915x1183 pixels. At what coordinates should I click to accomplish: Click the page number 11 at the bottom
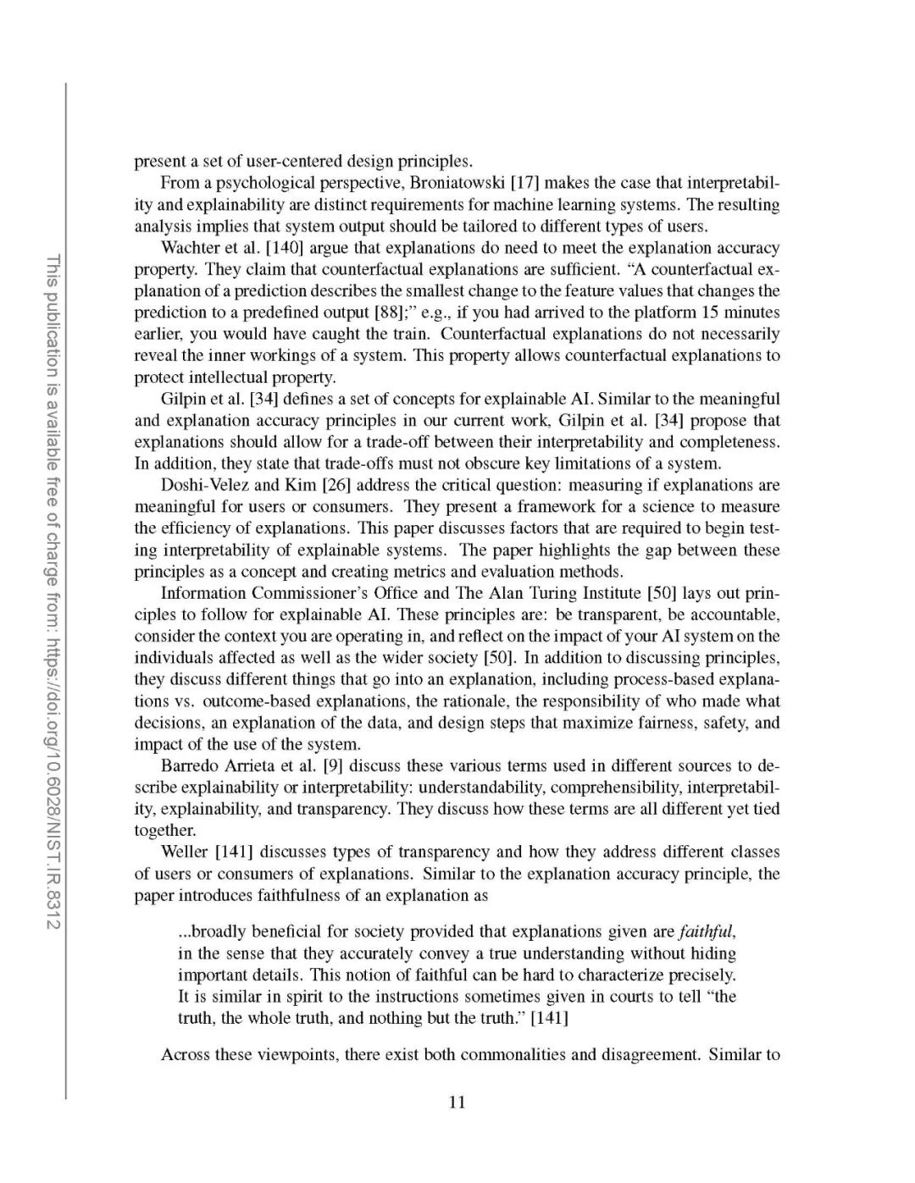click(457, 1103)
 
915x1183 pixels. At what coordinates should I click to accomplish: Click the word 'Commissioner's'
click(288, 593)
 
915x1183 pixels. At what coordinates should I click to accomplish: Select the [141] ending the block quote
click(549, 1019)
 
